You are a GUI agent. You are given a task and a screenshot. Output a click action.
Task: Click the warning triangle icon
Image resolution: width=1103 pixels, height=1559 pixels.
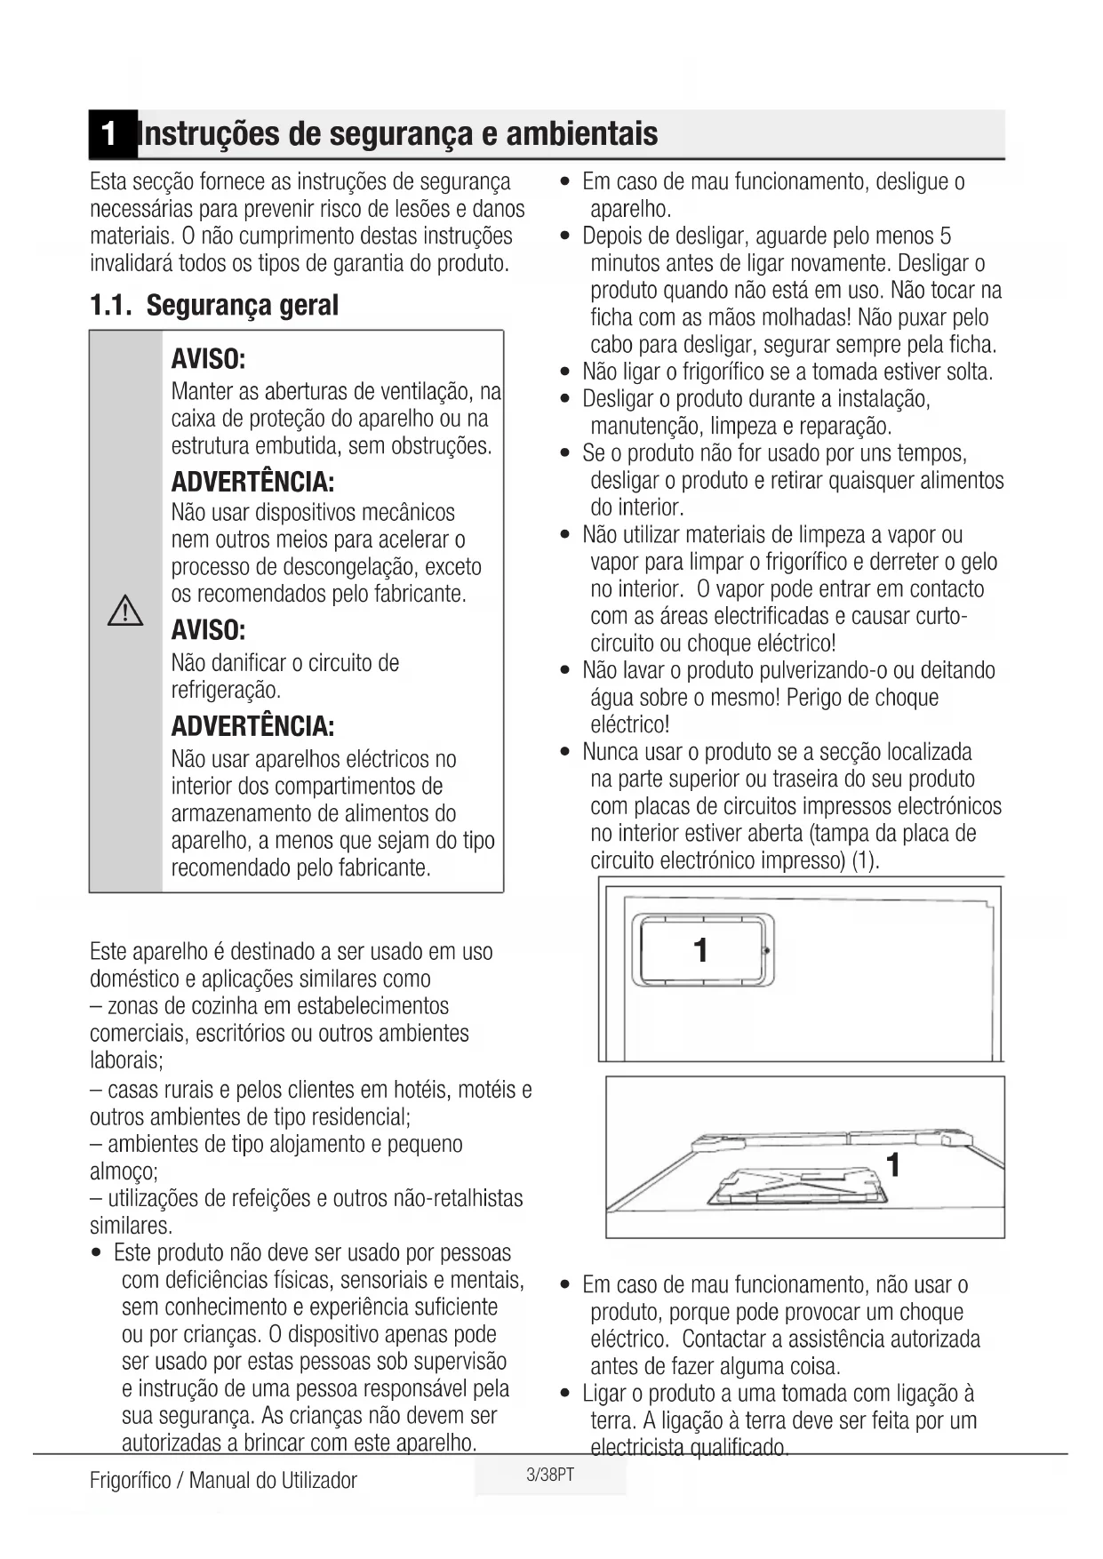tap(125, 612)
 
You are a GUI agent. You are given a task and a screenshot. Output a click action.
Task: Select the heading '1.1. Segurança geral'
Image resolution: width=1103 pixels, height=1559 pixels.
tap(214, 306)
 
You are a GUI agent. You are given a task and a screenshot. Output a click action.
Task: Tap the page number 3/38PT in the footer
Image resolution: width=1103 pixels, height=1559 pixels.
tap(550, 1475)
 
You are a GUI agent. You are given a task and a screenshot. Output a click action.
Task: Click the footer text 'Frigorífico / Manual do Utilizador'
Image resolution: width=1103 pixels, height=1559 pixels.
tap(223, 1480)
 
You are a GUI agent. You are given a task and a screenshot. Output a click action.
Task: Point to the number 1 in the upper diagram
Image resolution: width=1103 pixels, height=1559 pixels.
tap(701, 950)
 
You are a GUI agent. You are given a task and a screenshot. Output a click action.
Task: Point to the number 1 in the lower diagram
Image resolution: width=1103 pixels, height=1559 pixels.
tap(893, 1164)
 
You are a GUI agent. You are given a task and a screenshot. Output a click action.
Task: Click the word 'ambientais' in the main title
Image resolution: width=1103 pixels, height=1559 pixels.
tap(582, 134)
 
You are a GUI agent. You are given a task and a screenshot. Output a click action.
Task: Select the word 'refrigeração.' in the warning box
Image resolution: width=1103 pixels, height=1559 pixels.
tap(226, 691)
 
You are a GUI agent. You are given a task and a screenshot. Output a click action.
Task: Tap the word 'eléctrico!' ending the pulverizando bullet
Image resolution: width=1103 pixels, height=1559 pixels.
tap(630, 725)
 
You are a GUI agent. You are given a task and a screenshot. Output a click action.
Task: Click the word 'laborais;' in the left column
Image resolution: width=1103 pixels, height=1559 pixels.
tap(126, 1060)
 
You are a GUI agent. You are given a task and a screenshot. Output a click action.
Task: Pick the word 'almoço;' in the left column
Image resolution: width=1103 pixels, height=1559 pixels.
tap(124, 1171)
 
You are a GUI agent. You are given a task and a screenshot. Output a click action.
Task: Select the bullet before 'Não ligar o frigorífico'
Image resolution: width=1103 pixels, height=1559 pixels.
tap(565, 372)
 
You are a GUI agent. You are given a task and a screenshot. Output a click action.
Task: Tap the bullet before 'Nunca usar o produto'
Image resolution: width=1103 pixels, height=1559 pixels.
tap(565, 753)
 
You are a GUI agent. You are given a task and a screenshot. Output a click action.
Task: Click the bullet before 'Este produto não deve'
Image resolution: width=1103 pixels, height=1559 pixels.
tap(97, 1254)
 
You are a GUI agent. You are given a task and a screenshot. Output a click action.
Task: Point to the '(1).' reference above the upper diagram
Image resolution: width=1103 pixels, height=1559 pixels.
tap(865, 861)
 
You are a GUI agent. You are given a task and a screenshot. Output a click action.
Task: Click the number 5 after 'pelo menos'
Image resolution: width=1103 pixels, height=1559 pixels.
tap(945, 236)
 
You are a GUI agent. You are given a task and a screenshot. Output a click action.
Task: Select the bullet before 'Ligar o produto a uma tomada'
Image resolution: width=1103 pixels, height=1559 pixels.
tap(565, 1394)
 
